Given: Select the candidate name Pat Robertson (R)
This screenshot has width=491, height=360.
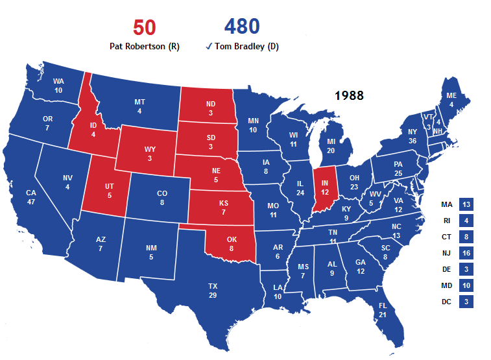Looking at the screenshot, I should coord(144,46).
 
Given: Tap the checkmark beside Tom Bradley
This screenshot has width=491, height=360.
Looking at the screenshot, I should coord(208,46).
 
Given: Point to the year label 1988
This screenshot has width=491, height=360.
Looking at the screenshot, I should coord(349,95).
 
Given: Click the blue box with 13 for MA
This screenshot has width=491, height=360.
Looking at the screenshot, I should coord(466,204).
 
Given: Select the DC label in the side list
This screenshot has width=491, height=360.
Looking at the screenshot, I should coord(446,302).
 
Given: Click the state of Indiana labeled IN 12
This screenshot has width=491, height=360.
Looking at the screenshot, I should coord(325,188).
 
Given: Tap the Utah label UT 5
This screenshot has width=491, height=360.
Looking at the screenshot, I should coord(109,191).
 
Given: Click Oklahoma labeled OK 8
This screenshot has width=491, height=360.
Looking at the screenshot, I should coord(232,244).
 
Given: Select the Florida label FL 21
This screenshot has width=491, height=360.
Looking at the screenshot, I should coord(382,310).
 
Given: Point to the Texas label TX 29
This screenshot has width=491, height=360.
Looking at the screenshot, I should coord(213,291).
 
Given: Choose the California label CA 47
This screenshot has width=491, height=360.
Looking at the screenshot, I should coord(31,198).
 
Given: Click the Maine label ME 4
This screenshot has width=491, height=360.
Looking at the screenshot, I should coord(451,99).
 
